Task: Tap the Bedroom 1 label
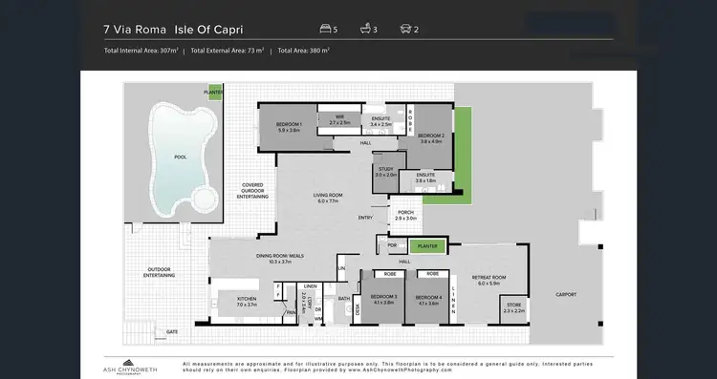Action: [x=289, y=127]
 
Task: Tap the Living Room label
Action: [x=328, y=198]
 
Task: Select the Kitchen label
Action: [x=248, y=301]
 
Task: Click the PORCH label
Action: [x=406, y=215]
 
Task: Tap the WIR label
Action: [x=339, y=119]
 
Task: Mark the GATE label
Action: [x=172, y=331]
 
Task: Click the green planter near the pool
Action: [x=213, y=93]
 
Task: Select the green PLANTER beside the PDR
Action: [x=427, y=245]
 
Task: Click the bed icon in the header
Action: [x=328, y=29]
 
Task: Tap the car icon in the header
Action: [x=406, y=29]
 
